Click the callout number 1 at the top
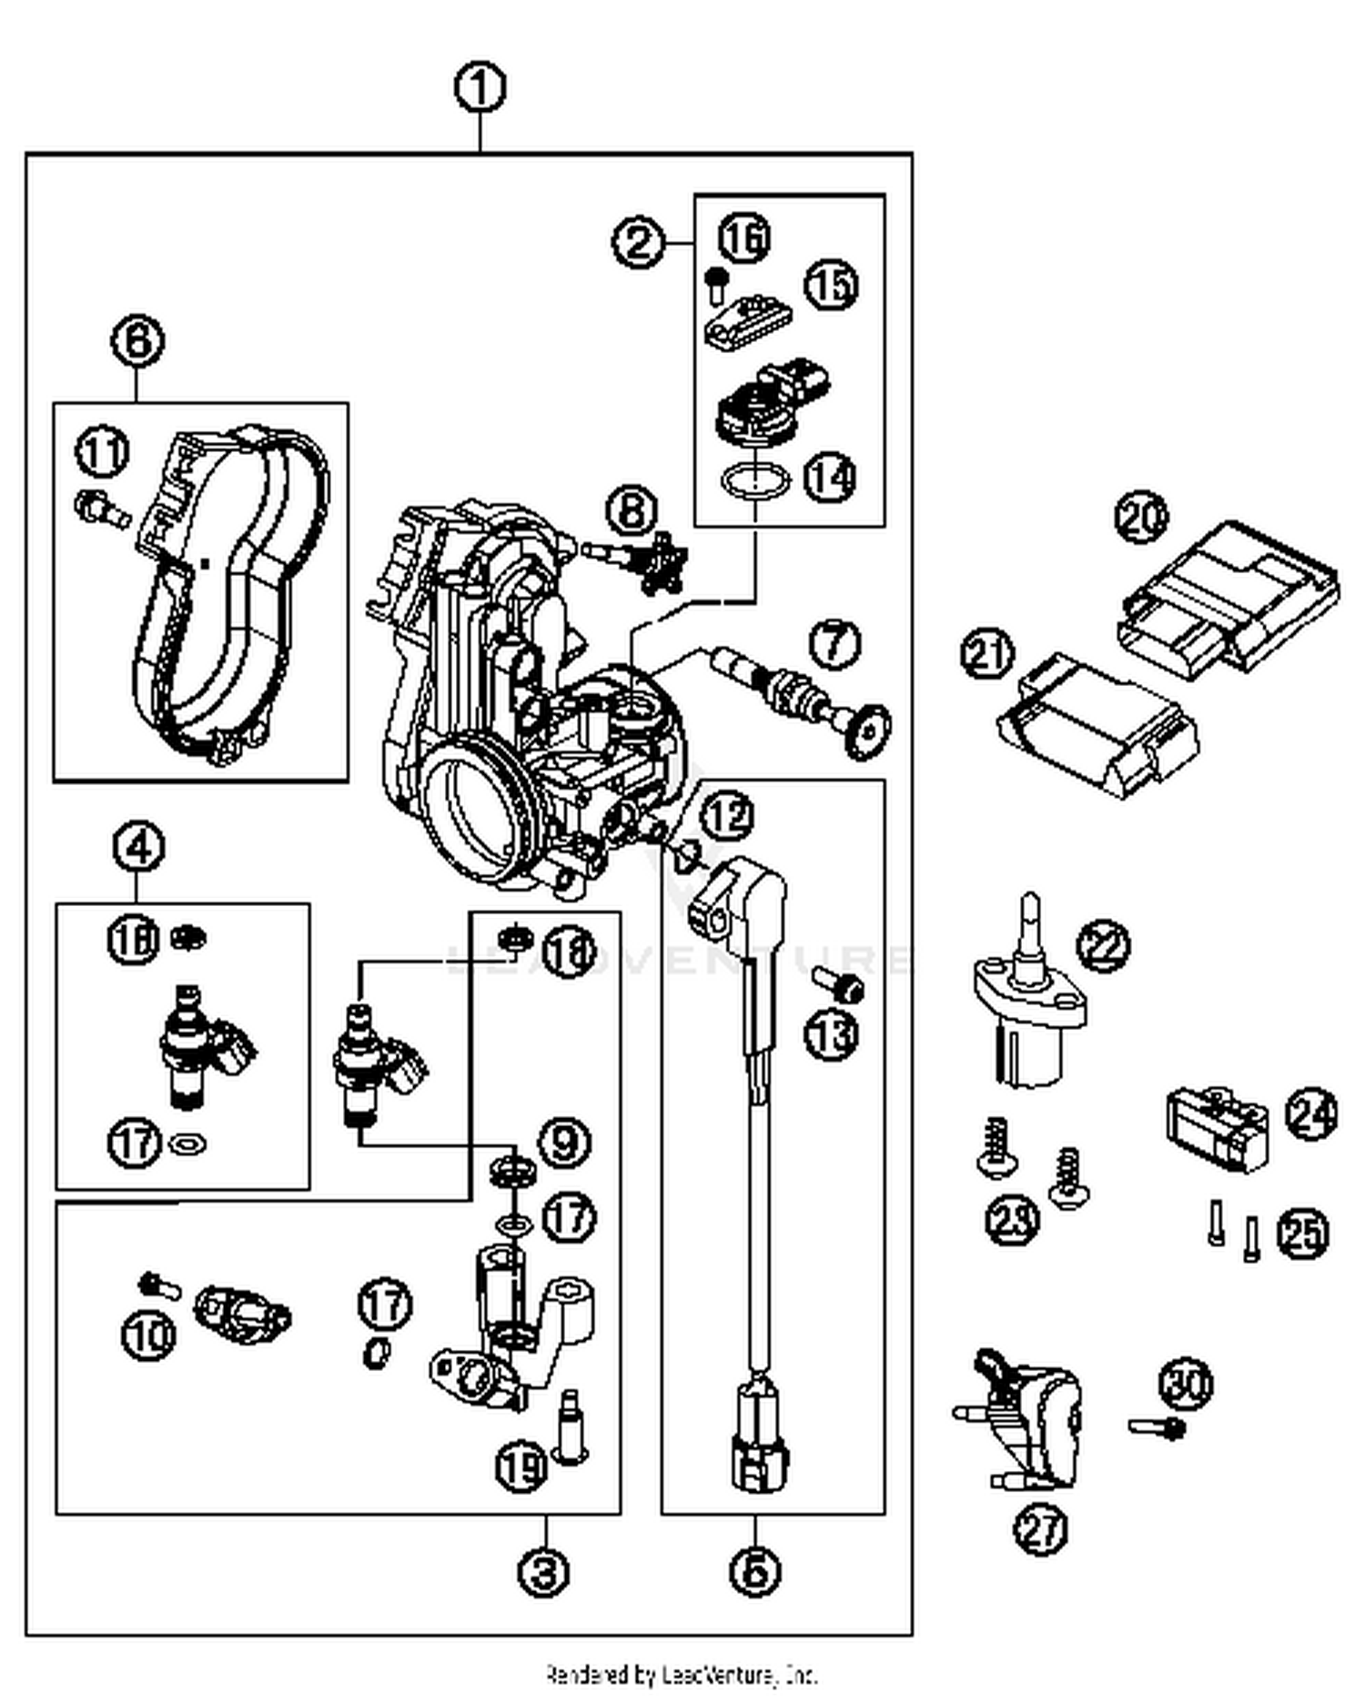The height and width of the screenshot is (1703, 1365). coord(480,89)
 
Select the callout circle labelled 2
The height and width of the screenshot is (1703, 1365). coord(639,242)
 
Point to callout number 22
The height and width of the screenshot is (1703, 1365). coord(1103,946)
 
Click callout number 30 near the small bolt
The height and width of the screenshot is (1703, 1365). coord(1186,1384)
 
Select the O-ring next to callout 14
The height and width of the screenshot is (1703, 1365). coord(755,479)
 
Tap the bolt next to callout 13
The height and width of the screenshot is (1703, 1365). coord(838,983)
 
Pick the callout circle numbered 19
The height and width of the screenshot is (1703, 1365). coord(521,1466)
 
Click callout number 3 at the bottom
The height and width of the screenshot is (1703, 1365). coord(544,1571)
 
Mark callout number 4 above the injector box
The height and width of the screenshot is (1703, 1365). coord(138,848)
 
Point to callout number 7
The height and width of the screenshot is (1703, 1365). coord(834,643)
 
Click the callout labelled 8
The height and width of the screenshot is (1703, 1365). coord(632,510)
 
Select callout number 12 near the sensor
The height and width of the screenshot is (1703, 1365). coord(728,816)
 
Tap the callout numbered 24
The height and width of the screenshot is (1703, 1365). coord(1311,1115)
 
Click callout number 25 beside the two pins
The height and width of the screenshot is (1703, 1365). coord(1302,1234)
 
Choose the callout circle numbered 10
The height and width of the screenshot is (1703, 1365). coord(148,1335)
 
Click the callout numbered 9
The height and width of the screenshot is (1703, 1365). coord(565,1142)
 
